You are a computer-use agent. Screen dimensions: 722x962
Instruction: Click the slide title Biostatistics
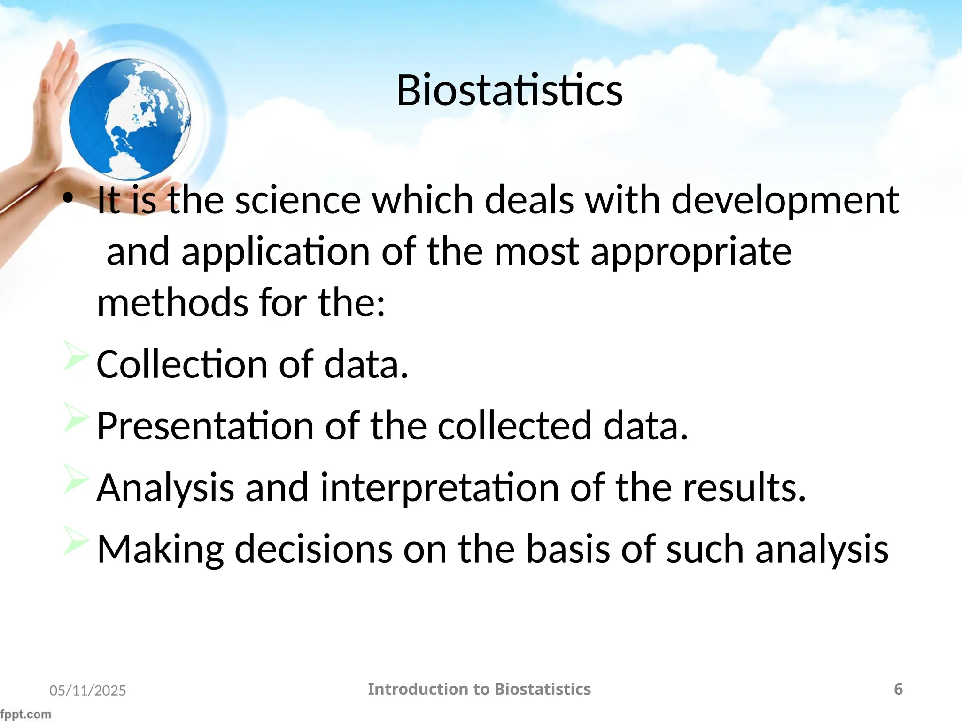510,90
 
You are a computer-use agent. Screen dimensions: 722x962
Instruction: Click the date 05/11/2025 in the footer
88,690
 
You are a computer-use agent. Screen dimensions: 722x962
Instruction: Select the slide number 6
898,689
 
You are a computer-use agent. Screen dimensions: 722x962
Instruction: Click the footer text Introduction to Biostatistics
479,689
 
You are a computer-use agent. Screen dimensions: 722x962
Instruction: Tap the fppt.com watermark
25,714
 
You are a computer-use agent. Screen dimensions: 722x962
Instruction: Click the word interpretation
440,488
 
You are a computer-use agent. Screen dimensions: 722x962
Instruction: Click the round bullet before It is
69,199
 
